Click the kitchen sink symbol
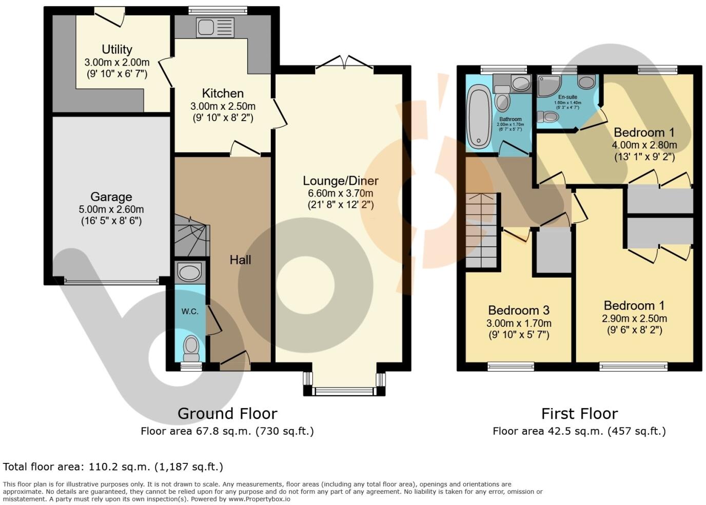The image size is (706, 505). pos(214,27)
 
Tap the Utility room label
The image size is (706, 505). pos(117,49)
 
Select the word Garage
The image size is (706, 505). pos(111,197)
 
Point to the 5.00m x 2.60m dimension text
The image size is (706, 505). pos(111,209)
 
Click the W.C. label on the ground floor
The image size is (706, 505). pos(189,312)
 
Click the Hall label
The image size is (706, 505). pos(240,260)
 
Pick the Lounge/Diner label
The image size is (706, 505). pos(340,181)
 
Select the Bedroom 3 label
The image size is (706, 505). pos(519,310)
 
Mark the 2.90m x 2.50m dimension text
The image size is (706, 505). pos(634,318)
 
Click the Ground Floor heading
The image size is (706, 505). pos(227,413)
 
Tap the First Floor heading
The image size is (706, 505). pos(579,413)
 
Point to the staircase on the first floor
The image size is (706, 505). pos(482,231)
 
